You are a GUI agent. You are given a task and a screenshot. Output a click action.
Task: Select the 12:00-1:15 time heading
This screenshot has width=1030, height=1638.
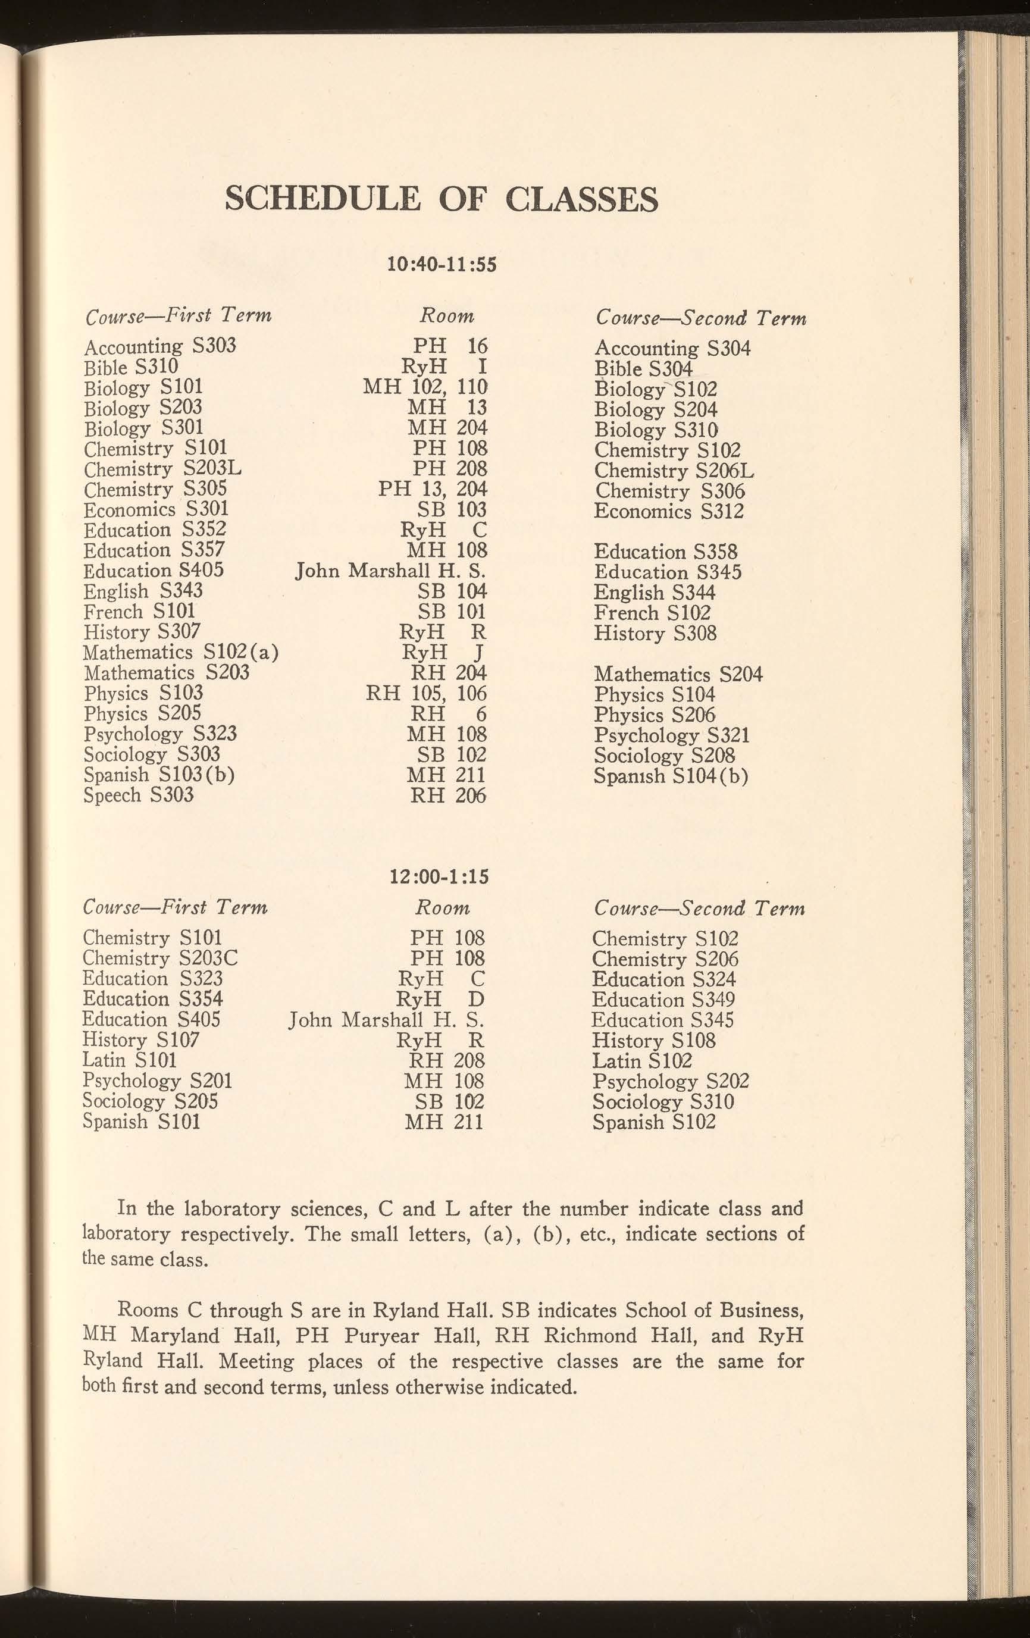(439, 878)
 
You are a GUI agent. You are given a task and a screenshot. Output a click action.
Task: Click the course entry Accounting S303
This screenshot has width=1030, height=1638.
(160, 347)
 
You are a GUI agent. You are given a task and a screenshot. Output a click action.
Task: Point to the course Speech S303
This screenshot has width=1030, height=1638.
(139, 795)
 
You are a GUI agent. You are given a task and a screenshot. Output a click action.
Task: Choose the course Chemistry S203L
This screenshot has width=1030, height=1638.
(162, 469)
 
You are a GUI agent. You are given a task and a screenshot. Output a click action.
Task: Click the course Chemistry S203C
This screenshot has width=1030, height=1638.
(160, 959)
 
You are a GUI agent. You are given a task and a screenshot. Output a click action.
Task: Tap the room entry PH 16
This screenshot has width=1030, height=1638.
(450, 347)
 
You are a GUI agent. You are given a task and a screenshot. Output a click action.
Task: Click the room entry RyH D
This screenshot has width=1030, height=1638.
(440, 999)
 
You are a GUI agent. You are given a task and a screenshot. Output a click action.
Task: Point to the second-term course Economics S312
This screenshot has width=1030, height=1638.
(669, 512)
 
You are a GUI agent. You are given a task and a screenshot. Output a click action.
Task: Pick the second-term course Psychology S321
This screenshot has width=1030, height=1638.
(671, 736)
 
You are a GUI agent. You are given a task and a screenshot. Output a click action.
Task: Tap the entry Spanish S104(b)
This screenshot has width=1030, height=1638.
(671, 776)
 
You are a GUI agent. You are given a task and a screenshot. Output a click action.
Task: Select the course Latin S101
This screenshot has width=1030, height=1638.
(129, 1060)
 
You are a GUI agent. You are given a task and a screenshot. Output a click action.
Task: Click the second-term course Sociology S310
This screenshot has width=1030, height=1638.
(663, 1102)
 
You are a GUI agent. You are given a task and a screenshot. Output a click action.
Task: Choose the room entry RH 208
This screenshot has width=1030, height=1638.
(446, 1060)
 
